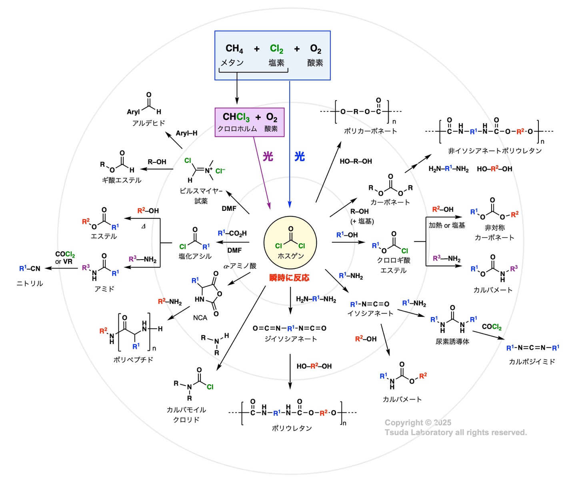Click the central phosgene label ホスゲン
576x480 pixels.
[290, 256]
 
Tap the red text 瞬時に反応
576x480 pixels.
[289, 278]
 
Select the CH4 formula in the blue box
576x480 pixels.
[234, 49]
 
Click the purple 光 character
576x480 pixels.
[268, 156]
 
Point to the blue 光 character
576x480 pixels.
[299, 156]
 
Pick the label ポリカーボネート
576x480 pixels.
[370, 131]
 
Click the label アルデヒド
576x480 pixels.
[148, 123]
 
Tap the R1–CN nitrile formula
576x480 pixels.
[30, 268]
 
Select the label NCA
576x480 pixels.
[200, 318]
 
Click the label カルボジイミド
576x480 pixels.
[532, 362]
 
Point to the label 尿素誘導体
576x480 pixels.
[452, 342]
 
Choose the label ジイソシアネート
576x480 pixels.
[291, 339]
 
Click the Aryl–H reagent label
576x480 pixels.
[186, 133]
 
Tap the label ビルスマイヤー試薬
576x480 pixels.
[201, 196]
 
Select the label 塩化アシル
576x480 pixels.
[195, 256]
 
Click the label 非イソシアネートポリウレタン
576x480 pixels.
[495, 151]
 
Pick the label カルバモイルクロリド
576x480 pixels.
[186, 414]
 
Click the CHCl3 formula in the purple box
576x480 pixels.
[236, 117]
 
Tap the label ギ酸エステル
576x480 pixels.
[122, 180]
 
